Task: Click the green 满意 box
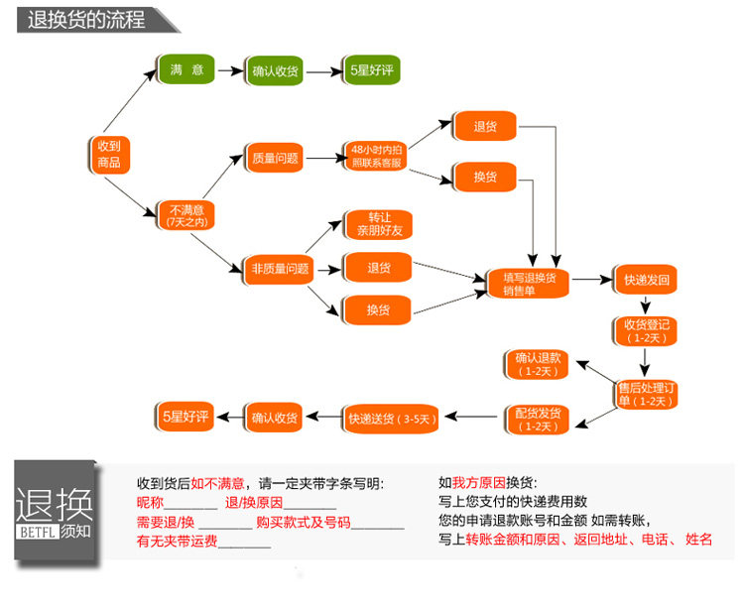click(x=186, y=69)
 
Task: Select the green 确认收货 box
click(x=274, y=71)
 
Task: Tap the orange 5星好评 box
click(x=186, y=417)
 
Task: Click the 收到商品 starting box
click(x=109, y=155)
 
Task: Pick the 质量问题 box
click(x=275, y=158)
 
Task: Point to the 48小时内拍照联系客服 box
click(x=376, y=156)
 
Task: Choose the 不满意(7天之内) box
click(x=186, y=216)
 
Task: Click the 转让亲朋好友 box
click(x=379, y=224)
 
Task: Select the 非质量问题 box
click(x=280, y=270)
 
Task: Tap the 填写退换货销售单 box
click(x=529, y=284)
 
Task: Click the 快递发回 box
click(x=646, y=280)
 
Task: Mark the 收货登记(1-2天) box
click(x=646, y=331)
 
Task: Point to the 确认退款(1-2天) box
click(x=537, y=364)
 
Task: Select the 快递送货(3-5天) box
click(x=391, y=419)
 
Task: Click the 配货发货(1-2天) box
click(x=537, y=420)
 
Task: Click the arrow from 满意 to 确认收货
click(x=230, y=71)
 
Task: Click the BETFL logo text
click(x=37, y=533)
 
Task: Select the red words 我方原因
click(x=479, y=483)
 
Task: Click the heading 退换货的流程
click(x=86, y=20)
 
